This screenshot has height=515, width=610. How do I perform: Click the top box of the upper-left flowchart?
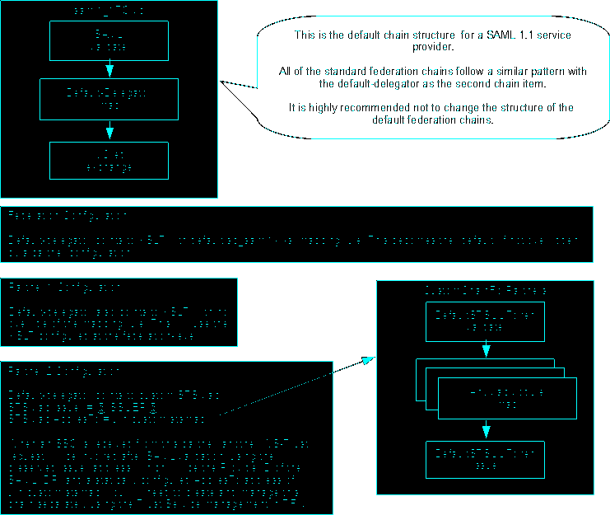click(x=109, y=40)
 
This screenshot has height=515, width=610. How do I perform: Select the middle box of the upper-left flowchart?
click(x=109, y=99)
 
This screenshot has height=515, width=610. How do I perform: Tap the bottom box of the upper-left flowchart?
click(x=109, y=161)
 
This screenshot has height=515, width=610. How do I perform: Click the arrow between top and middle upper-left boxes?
click(x=109, y=69)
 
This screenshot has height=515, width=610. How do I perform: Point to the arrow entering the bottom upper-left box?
click(x=109, y=131)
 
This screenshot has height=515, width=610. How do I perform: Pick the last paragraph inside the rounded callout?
click(x=433, y=114)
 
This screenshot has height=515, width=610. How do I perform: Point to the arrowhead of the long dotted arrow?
click(x=367, y=360)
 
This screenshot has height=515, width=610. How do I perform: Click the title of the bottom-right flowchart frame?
click(x=486, y=291)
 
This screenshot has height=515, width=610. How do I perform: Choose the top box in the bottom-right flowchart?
click(x=486, y=321)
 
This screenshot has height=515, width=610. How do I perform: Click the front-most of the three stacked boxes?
click(x=507, y=398)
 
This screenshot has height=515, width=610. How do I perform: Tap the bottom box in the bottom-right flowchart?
click(x=486, y=459)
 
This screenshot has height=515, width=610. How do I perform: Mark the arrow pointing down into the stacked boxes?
click(x=486, y=349)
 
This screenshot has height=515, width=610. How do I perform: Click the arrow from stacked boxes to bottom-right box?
click(x=486, y=429)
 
